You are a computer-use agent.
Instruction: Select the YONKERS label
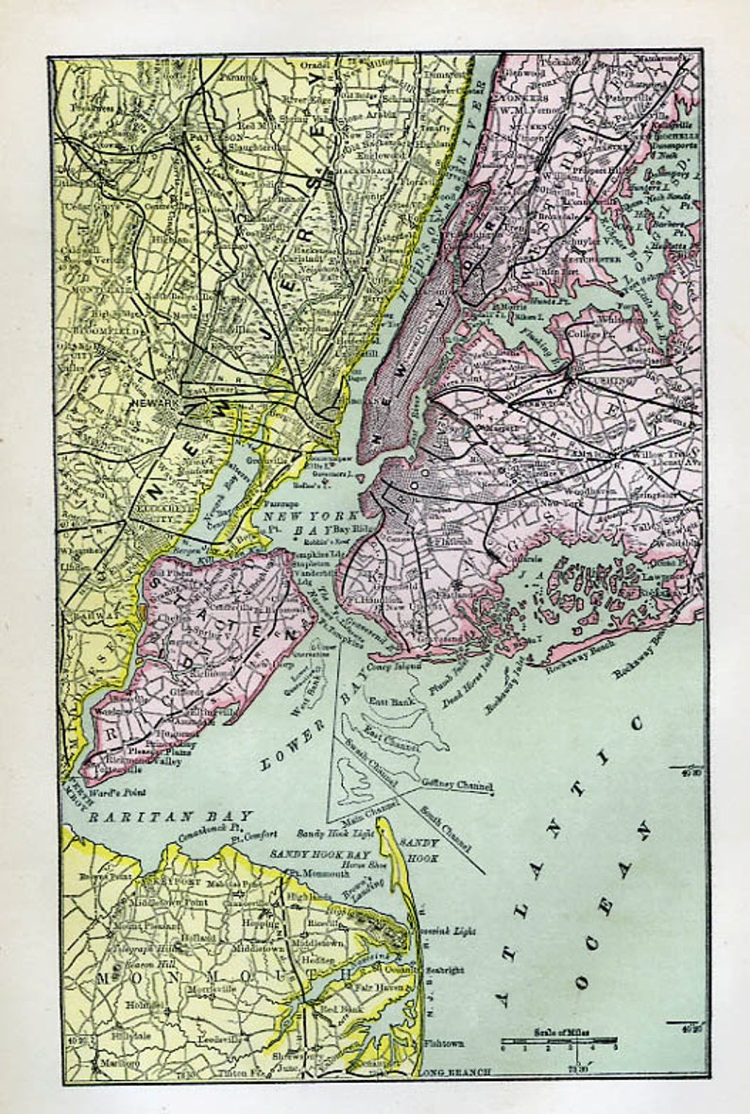pos(523,97)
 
